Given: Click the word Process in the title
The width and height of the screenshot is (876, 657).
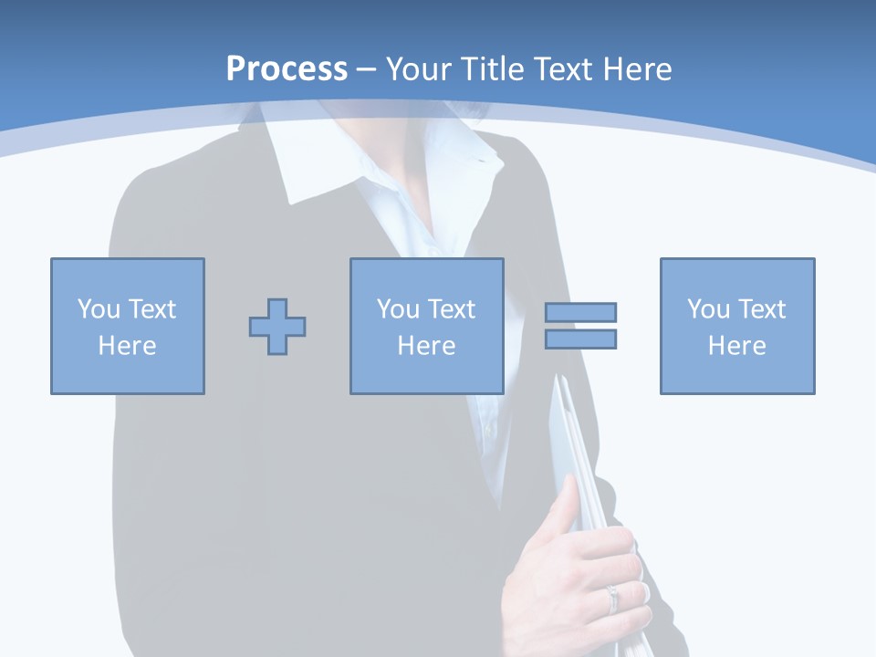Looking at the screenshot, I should click(287, 68).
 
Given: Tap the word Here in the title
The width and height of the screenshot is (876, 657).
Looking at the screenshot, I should click(637, 68).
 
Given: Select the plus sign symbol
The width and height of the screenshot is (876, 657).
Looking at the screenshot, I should click(277, 327).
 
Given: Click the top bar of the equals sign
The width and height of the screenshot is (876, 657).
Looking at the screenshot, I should click(580, 313).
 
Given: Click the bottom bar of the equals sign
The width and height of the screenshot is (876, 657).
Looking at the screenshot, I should click(580, 339).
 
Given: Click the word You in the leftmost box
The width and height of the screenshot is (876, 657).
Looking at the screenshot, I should click(99, 309).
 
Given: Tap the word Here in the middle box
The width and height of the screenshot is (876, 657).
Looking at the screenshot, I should click(427, 346).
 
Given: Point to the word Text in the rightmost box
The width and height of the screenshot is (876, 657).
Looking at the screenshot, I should click(762, 309).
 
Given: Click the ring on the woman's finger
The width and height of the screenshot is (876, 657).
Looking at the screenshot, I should click(612, 598).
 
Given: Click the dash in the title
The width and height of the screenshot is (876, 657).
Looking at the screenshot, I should click(367, 69).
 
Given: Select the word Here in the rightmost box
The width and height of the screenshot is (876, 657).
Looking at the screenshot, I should click(737, 346).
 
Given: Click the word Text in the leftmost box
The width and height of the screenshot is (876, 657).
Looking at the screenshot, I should click(152, 309).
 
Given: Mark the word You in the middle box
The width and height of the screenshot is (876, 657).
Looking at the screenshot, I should click(398, 309).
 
